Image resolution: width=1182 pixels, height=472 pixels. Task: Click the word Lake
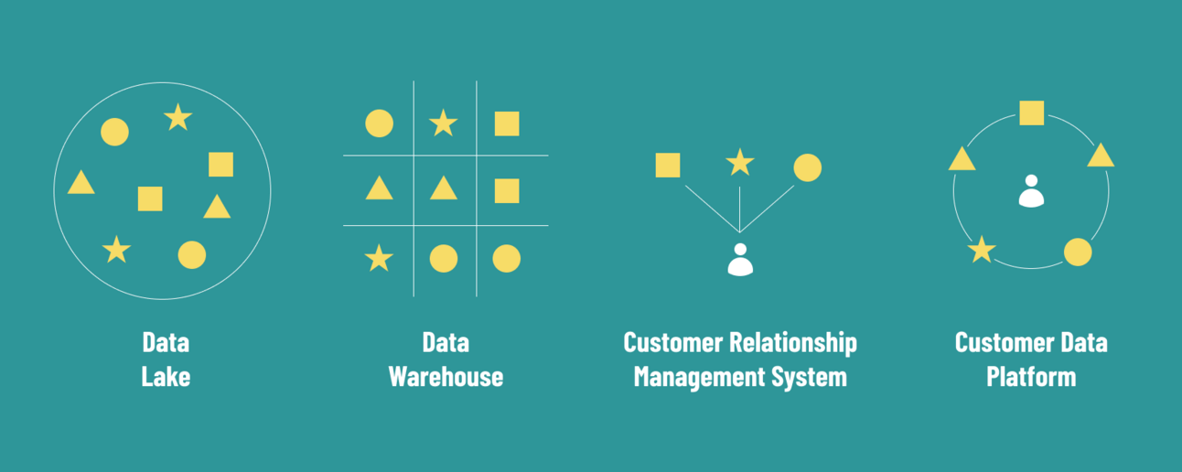click(166, 376)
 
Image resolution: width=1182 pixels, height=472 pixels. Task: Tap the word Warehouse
click(446, 376)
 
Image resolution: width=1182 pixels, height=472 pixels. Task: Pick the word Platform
click(1030, 376)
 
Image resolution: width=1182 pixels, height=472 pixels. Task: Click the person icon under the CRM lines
click(740, 260)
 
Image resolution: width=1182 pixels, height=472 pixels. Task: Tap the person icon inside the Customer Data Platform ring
click(1031, 191)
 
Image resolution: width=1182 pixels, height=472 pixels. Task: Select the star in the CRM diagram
click(739, 163)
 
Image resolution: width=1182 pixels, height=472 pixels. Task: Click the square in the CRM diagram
click(668, 166)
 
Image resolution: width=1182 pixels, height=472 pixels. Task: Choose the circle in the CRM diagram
click(807, 167)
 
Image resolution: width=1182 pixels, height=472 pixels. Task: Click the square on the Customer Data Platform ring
click(1032, 113)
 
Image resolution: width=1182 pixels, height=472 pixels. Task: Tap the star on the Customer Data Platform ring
click(982, 250)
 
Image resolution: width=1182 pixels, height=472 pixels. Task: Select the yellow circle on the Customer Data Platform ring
click(1078, 252)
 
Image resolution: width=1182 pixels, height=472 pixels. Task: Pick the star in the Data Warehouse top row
click(444, 123)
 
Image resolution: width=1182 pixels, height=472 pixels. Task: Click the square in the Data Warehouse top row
click(507, 123)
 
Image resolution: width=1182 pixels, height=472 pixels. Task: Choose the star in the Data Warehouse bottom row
click(379, 259)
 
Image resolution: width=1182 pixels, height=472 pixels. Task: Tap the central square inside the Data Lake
click(150, 198)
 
